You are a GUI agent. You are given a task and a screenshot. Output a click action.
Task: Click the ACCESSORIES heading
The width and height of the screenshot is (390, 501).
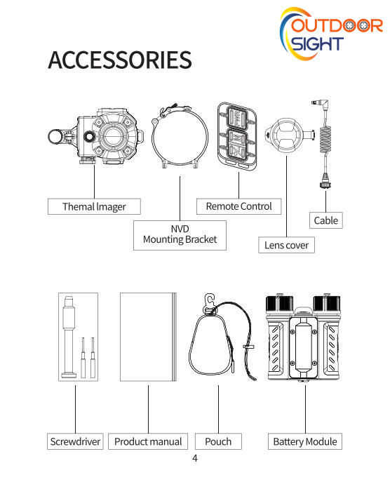coord(120,60)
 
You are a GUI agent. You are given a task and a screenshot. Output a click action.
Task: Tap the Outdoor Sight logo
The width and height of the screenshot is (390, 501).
coord(331,34)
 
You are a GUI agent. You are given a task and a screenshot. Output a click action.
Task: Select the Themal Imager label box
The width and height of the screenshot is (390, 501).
coord(94,206)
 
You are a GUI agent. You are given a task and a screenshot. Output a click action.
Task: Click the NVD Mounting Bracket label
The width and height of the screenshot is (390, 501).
coord(180,235)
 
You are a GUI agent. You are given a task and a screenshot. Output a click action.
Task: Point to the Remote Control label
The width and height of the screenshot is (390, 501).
coord(239,206)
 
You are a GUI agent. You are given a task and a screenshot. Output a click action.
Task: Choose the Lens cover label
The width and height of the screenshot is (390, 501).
coord(286,245)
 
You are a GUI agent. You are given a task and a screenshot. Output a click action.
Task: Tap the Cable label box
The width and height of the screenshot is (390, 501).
coord(325,220)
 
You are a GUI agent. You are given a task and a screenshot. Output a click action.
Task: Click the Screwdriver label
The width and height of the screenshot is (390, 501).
coord(75,441)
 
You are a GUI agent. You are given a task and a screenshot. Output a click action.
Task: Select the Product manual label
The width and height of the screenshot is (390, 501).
coord(148,441)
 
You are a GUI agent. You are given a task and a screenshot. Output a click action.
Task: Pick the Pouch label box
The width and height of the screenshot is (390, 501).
coord(218,441)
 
